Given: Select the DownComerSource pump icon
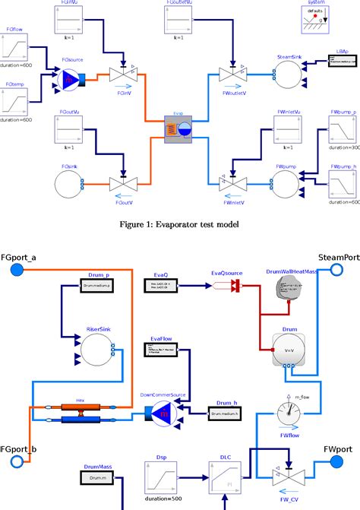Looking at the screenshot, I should click(x=157, y=413).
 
